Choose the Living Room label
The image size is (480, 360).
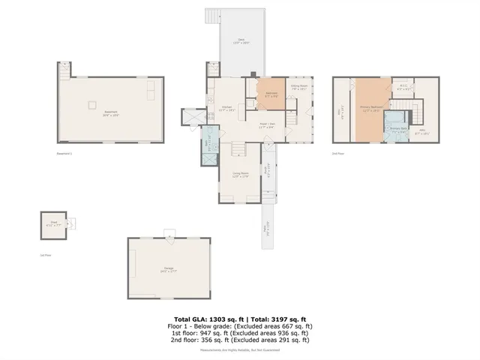tap(240, 176)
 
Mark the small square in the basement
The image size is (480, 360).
tap(93, 104)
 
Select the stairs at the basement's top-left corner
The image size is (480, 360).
tap(64, 70)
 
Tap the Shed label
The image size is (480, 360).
tap(54, 223)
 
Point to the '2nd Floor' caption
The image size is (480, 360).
tap(338, 153)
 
